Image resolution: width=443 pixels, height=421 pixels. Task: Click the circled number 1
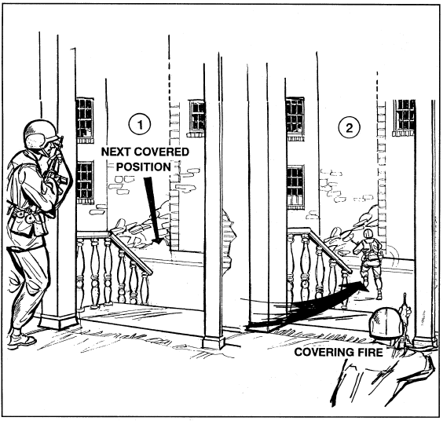[140, 124]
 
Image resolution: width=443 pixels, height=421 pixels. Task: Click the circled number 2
[350, 128]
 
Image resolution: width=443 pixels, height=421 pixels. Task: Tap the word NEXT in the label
[115, 152]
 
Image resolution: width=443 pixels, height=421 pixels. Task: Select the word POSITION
[144, 167]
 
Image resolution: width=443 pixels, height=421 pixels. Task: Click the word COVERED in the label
[159, 152]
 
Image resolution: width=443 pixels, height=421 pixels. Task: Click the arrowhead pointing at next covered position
[157, 240]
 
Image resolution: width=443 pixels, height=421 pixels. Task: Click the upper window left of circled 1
[85, 120]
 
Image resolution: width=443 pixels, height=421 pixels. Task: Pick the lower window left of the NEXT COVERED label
[85, 182]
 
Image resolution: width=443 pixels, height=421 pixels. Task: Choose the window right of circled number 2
[405, 118]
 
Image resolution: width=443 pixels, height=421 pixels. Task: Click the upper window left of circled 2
[295, 119]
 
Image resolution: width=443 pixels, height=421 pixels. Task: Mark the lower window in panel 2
[296, 187]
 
